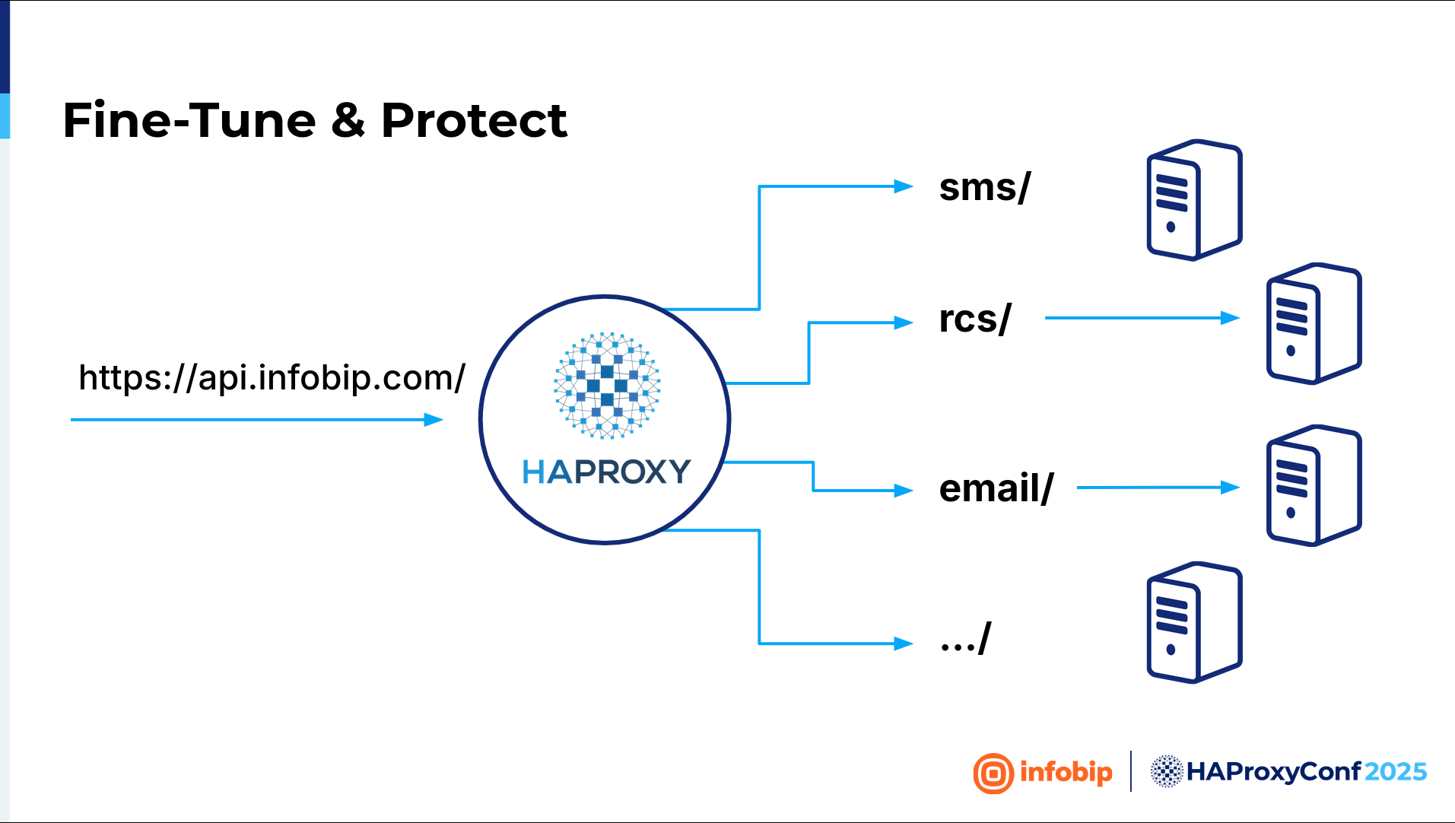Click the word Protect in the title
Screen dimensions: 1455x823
[x=474, y=120]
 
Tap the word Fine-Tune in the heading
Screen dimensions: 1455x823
[x=189, y=120]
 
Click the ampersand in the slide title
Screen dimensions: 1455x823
[x=348, y=120]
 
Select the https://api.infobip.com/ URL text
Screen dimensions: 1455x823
[x=272, y=377]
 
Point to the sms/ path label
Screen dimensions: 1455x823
[x=985, y=187]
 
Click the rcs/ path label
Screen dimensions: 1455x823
[x=975, y=319]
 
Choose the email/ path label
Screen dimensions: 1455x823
[x=996, y=488]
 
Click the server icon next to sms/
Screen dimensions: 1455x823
[x=1195, y=200]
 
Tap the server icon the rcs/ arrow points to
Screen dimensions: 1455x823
[x=1314, y=323]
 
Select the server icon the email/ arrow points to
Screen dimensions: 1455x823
[x=1314, y=485]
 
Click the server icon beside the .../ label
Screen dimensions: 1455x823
[x=1195, y=623]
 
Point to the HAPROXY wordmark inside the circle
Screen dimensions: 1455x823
[x=606, y=472]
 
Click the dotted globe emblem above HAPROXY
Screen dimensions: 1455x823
[x=607, y=386]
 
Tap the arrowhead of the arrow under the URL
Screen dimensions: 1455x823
[x=434, y=420]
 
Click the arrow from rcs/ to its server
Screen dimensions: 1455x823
[x=1142, y=318]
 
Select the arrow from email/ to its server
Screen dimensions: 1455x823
[x=1158, y=488]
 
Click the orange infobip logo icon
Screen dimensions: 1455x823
[x=993, y=774]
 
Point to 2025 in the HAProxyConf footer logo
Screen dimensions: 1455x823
[x=1396, y=772]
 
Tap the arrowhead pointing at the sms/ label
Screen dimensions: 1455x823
[x=904, y=186]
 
